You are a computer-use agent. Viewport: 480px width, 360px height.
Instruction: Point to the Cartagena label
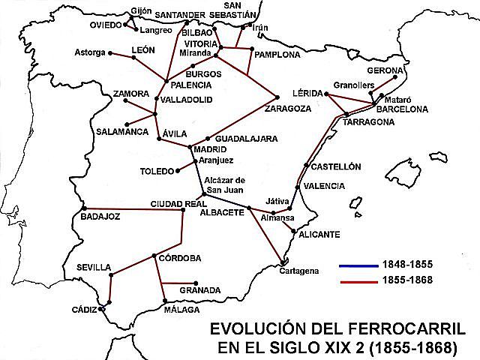[299, 271]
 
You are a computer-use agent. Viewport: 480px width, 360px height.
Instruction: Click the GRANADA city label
[200, 289]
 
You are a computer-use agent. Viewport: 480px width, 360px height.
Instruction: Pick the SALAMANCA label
[121, 132]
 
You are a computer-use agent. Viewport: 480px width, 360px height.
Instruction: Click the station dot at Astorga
[111, 53]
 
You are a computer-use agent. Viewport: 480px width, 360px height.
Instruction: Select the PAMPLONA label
[277, 55]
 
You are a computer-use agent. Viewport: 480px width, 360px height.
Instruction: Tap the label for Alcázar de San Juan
[225, 184]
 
